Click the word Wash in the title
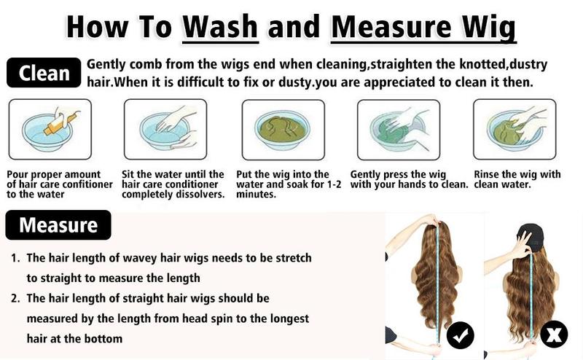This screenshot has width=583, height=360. pyautogui.click(x=220, y=26)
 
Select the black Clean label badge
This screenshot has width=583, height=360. pyautogui.click(x=44, y=73)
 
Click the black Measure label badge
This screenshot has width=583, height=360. pyautogui.click(x=58, y=224)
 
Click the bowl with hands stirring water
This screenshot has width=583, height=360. pyautogui.click(x=165, y=130)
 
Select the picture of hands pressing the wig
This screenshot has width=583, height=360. pyautogui.click(x=399, y=130)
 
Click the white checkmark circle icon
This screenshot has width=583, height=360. pyautogui.click(x=461, y=335)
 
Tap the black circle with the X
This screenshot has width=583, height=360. pyautogui.click(x=554, y=334)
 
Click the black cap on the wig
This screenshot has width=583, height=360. pyautogui.click(x=531, y=237)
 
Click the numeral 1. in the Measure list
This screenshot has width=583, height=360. pyautogui.click(x=15, y=258)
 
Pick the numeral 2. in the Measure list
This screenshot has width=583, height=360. pyautogui.click(x=15, y=298)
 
